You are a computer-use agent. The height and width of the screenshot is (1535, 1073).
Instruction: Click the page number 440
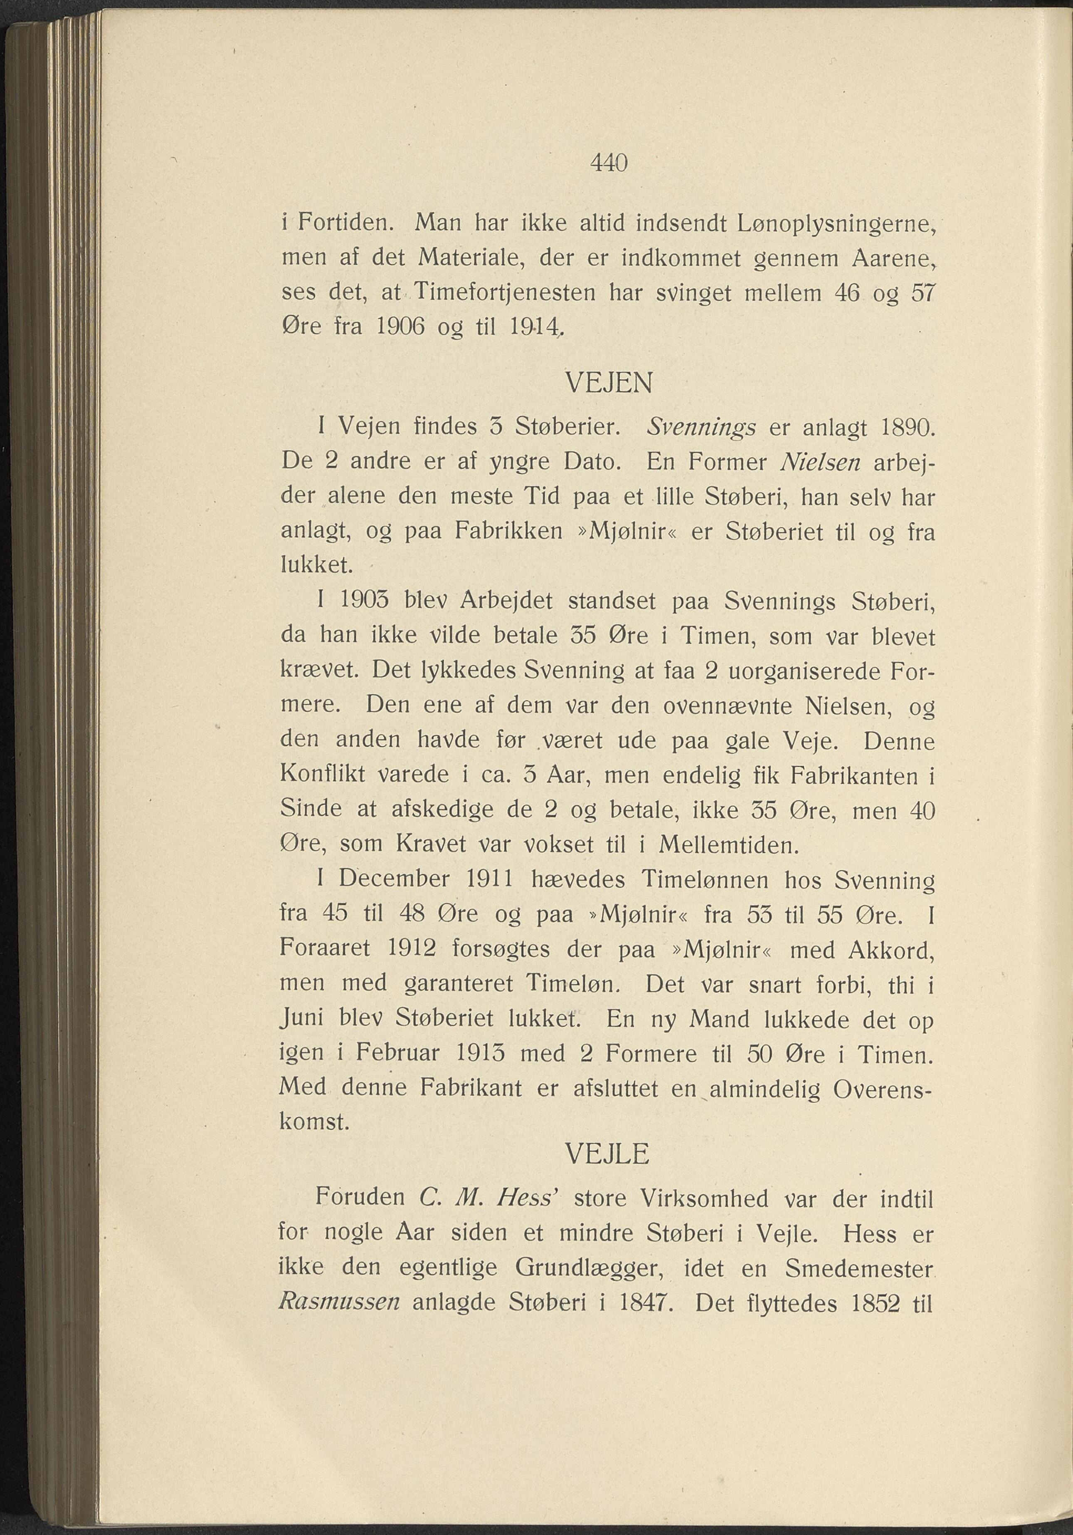[x=609, y=163]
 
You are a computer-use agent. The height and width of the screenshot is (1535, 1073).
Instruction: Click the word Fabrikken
[x=508, y=532]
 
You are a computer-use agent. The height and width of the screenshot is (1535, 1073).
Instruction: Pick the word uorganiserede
[x=798, y=670]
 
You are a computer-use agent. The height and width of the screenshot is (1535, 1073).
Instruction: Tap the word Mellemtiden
[x=728, y=845]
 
